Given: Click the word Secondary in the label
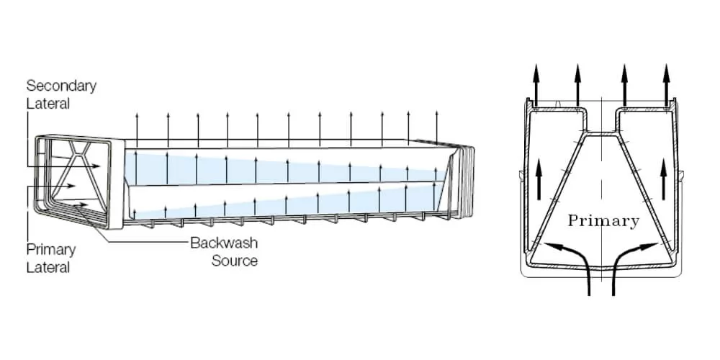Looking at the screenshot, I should (x=61, y=86).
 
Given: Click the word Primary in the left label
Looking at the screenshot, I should (x=51, y=250).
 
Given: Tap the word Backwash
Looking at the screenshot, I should (x=224, y=243).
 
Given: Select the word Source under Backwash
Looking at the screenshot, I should (x=234, y=260).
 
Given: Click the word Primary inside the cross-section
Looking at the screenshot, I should (x=603, y=221).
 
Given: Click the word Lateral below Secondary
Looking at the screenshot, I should (x=48, y=104).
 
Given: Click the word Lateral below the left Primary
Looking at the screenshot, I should (x=48, y=267).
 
